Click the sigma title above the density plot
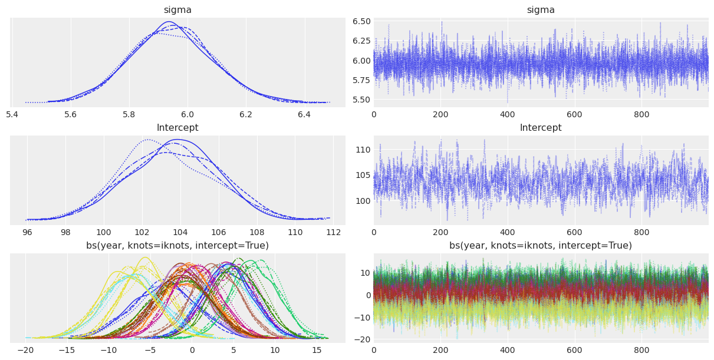pos(177,10)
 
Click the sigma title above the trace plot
pos(541,10)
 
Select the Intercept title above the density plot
pos(177,128)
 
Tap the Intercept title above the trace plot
pos(541,128)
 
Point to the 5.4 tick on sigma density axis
pos(12,114)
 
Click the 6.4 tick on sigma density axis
pos(304,114)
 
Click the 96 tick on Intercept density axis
pos(27,232)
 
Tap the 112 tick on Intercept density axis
pos(333,232)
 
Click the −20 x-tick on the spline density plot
pos(25,349)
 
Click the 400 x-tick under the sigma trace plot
pos(507,114)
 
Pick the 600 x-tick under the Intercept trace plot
pos(574,232)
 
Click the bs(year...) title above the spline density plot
pos(177,246)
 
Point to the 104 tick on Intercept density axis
pos(180,232)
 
